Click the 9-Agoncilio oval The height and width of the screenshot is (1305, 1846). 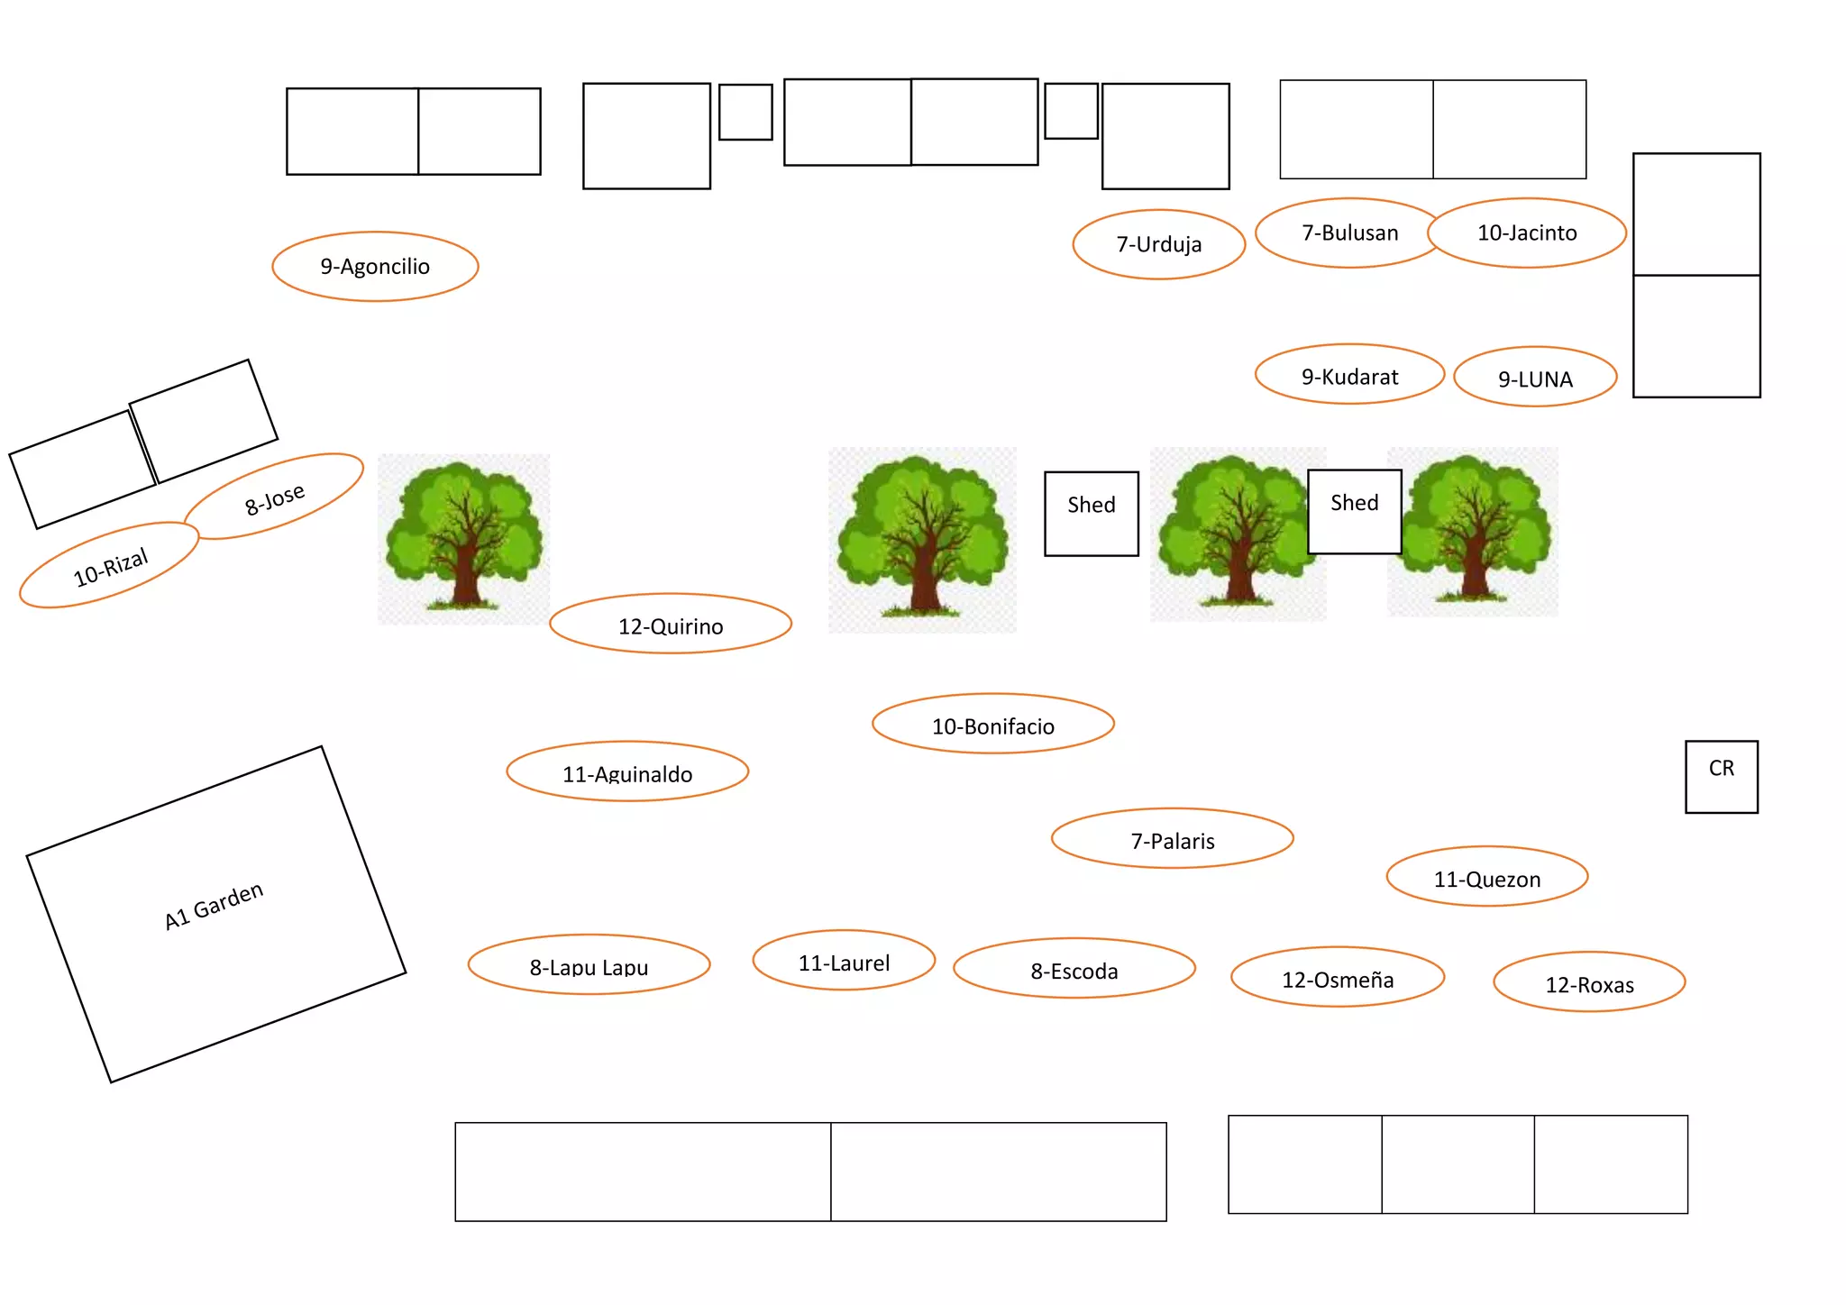[x=375, y=266]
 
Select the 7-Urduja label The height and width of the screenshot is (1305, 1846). [x=1158, y=244]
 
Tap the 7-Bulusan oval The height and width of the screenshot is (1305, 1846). [x=1349, y=233]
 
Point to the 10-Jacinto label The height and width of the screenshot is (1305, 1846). [x=1527, y=233]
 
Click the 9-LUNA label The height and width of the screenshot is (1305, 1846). [x=1535, y=378]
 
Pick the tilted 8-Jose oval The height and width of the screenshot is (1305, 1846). [x=275, y=497]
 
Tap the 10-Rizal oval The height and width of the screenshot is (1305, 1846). [x=109, y=566]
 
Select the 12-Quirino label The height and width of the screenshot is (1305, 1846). [x=671, y=625]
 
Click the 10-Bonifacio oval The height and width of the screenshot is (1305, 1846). [x=993, y=725]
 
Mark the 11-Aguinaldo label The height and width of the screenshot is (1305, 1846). [x=627, y=772]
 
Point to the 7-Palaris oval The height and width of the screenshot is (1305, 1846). [x=1173, y=839]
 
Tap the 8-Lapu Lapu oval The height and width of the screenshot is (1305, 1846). [x=589, y=965]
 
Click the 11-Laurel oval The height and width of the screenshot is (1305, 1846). [x=844, y=961]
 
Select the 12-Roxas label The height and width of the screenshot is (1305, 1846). [x=1589, y=982]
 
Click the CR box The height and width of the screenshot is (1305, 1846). [x=1722, y=777]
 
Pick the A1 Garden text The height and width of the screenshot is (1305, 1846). [x=214, y=906]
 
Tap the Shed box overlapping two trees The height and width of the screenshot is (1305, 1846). [x=1354, y=511]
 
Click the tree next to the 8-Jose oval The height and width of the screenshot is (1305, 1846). [x=463, y=537]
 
